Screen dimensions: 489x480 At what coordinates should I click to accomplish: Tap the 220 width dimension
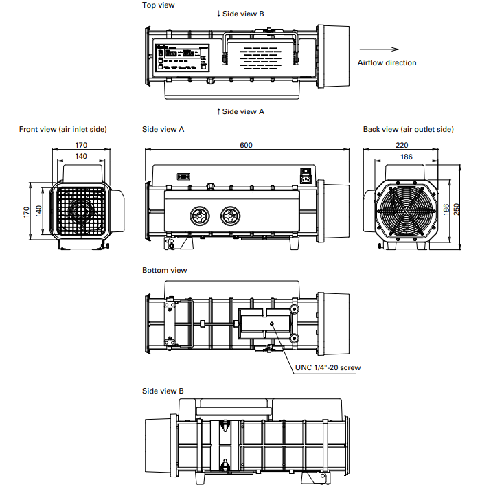pyautogui.click(x=402, y=145)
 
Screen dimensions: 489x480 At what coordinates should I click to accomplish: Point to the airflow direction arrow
pyautogui.click(x=378, y=49)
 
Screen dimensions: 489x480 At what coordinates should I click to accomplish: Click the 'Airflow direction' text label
pyautogui.click(x=387, y=62)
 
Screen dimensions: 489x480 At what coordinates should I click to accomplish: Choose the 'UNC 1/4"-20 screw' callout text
pyautogui.click(x=328, y=367)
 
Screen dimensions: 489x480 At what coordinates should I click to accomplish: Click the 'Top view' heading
pyautogui.click(x=158, y=5)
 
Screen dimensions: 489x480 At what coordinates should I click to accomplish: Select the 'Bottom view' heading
pyautogui.click(x=164, y=270)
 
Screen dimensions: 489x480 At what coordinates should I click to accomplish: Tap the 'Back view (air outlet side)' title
pyautogui.click(x=408, y=129)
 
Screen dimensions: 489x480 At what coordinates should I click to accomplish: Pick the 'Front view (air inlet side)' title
pyautogui.click(x=63, y=129)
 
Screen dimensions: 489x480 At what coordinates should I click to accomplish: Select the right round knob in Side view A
pyautogui.click(x=231, y=216)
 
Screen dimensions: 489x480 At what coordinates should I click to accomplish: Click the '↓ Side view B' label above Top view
pyautogui.click(x=240, y=14)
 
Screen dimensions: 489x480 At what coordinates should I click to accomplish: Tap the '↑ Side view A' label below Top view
pyautogui.click(x=240, y=111)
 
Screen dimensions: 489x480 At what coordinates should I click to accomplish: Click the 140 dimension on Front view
pyautogui.click(x=81, y=157)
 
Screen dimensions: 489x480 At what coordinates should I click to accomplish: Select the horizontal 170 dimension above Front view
pyautogui.click(x=81, y=145)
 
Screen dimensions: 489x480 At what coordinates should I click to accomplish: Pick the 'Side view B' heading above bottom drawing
pyautogui.click(x=163, y=391)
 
